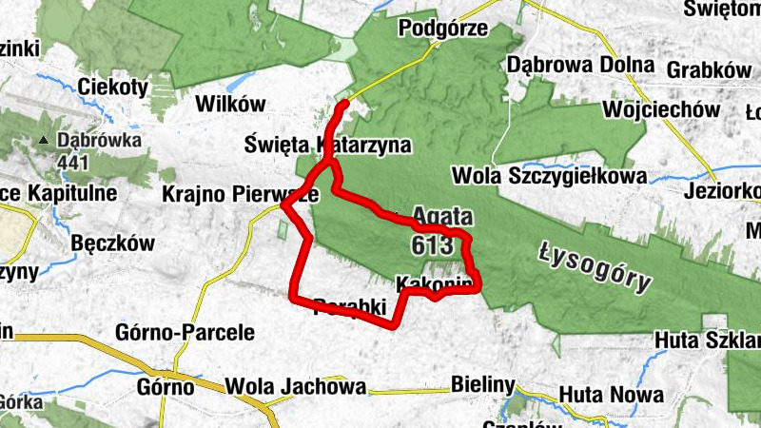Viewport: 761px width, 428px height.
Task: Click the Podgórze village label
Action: pyautogui.click(x=443, y=29)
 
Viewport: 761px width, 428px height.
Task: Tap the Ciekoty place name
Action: pyautogui.click(x=115, y=87)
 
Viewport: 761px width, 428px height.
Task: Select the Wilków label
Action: pyautogui.click(x=228, y=104)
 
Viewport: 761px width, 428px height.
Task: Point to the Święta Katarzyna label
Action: pyautogui.click(x=327, y=146)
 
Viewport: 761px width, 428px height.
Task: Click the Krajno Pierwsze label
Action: pyautogui.click(x=240, y=193)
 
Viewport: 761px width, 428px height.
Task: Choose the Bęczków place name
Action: pyautogui.click(x=112, y=243)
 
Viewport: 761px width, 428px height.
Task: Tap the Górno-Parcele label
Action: pyautogui.click(x=185, y=333)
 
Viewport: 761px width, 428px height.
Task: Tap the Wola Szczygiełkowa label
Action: pyautogui.click(x=551, y=176)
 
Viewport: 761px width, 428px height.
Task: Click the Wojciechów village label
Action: pyautogui.click(x=667, y=109)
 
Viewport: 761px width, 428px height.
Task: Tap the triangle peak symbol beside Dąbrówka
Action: pyautogui.click(x=43, y=142)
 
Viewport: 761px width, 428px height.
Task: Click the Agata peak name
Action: pyautogui.click(x=443, y=217)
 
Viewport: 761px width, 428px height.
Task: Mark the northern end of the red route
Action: pyautogui.click(x=345, y=102)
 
